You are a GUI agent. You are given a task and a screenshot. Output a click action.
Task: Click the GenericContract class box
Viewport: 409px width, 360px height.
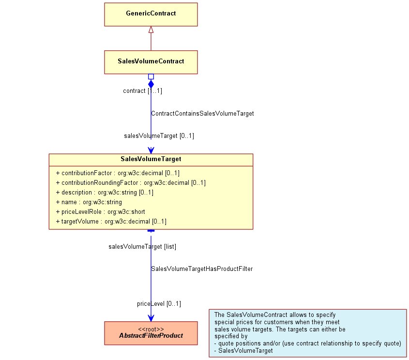(151, 15)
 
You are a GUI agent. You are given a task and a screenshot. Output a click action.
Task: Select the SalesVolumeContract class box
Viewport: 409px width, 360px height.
(151, 62)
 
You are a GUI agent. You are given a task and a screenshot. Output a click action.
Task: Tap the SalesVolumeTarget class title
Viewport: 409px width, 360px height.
(151, 159)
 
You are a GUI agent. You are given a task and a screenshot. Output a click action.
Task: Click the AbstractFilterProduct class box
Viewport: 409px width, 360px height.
(151, 333)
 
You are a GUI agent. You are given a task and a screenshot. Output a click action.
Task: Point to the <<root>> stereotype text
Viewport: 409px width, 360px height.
(151, 329)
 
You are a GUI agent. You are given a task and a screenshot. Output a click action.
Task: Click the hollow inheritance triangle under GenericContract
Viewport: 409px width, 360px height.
(151, 30)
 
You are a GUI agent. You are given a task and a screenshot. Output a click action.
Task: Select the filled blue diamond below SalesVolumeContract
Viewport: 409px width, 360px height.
(151, 84)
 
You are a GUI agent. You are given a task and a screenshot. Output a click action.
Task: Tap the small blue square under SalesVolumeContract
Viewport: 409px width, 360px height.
(151, 76)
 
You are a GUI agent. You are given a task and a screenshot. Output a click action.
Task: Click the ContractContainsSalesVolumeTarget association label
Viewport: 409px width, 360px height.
(202, 114)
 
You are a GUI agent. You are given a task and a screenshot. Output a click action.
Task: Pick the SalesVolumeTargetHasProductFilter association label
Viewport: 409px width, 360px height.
(202, 269)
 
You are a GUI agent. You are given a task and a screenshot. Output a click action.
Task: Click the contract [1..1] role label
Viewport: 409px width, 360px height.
(142, 90)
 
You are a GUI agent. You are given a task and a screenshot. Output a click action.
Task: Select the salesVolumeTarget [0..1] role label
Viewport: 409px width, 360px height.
(159, 136)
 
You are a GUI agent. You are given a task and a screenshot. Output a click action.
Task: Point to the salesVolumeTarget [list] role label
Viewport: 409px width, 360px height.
(142, 247)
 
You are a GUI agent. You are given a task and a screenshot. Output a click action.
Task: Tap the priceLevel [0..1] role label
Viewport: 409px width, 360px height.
(159, 304)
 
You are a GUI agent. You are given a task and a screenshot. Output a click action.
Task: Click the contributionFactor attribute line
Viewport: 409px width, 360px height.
(118, 173)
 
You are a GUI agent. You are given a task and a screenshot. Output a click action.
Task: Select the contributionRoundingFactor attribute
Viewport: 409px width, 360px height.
(131, 183)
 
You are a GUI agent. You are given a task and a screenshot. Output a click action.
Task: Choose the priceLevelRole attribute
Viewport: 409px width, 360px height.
(100, 211)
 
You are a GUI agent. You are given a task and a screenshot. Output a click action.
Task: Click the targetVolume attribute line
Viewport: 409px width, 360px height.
(111, 221)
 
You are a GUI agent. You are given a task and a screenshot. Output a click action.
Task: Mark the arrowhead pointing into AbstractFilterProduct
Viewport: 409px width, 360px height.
(151, 318)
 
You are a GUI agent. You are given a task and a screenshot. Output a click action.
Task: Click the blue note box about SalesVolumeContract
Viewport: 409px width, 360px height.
(307, 333)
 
